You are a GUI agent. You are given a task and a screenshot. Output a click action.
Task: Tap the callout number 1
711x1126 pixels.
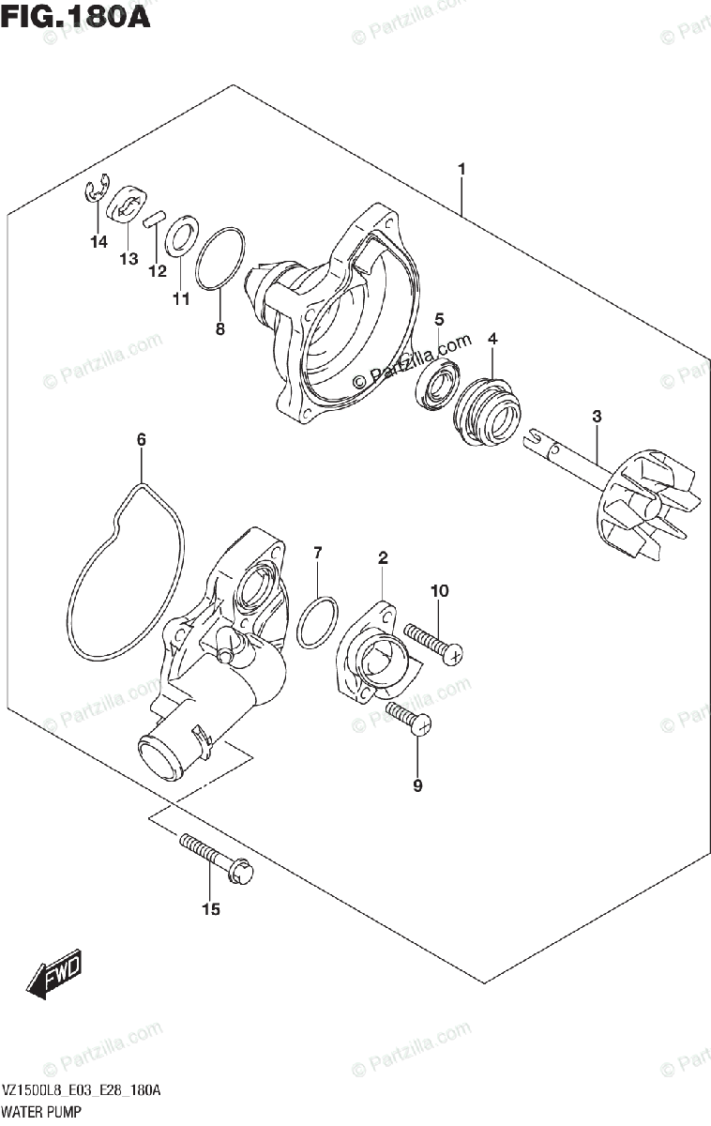(x=461, y=169)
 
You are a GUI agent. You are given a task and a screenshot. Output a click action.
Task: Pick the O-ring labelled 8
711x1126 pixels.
(x=221, y=258)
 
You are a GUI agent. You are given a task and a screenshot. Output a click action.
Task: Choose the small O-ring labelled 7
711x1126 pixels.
(x=317, y=621)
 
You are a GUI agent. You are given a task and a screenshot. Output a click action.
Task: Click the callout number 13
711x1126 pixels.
(x=129, y=258)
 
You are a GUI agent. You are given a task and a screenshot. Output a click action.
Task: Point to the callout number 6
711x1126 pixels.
(x=141, y=439)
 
